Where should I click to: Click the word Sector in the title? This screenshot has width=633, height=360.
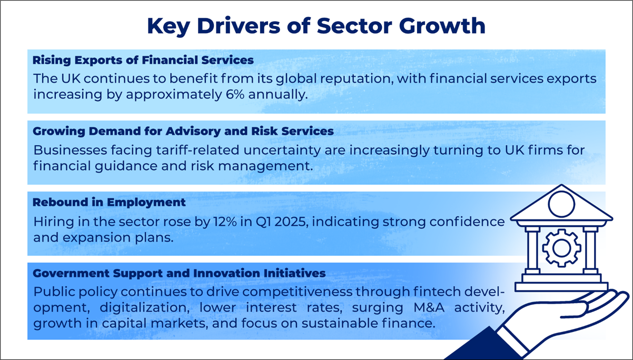[354, 26]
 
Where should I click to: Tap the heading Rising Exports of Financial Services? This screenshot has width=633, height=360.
[143, 60]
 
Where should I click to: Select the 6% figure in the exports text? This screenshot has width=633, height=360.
[235, 94]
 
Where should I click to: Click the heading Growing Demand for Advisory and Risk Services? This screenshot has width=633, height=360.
[183, 131]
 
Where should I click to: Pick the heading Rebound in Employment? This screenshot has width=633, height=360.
[109, 203]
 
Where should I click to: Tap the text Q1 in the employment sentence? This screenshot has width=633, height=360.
[263, 222]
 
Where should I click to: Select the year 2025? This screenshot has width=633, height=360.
[291, 222]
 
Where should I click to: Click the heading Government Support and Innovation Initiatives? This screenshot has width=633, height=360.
[179, 273]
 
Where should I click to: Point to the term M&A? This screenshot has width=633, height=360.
[429, 307]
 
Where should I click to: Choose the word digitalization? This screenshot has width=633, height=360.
[144, 308]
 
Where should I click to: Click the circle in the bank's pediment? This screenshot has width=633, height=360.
[561, 204]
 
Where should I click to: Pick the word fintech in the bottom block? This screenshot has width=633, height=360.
[437, 292]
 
